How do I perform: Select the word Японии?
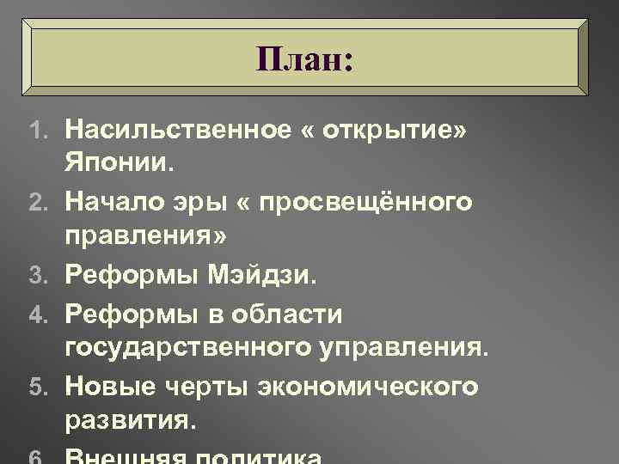click(126, 161)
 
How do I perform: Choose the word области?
click(294, 314)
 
